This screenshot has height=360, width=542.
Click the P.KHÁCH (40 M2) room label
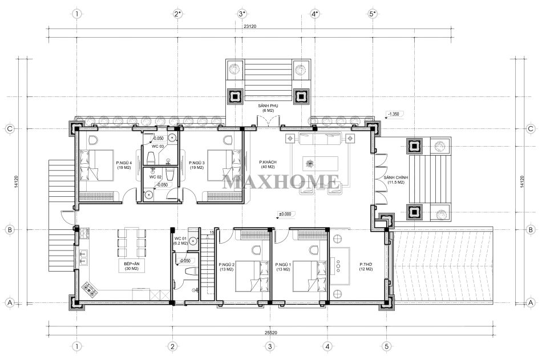pos(268,164)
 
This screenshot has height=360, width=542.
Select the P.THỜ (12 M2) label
pos(366,266)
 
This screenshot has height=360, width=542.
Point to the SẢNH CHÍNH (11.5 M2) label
pos(396,180)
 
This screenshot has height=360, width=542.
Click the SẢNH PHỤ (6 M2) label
pos(268,108)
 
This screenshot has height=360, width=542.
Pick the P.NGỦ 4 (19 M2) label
pos(124,165)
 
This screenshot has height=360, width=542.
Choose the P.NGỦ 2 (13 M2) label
pos(226,267)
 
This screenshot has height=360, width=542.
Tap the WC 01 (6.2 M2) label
pos(180,241)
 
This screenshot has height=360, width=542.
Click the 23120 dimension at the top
pos(249,26)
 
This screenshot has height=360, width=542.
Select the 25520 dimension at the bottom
pos(270,333)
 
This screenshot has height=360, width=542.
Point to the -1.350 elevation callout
pos(393,114)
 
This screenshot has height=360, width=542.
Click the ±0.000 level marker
pos(285,214)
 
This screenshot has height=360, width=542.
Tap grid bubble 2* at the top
pos(177,14)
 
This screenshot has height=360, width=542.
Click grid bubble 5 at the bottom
pos(386,346)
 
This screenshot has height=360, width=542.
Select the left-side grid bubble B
pos(10,229)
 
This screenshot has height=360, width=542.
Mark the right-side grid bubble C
pos(531,128)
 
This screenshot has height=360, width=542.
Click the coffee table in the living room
pos(320,164)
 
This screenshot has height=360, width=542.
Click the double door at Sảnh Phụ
pos(268,122)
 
